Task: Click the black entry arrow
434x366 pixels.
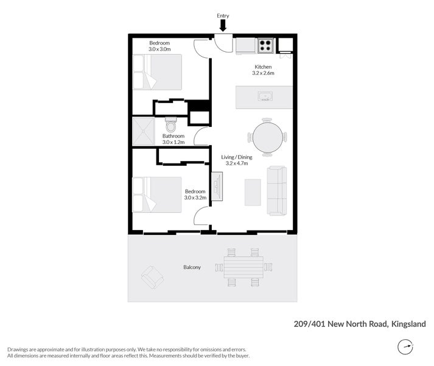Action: point(223,25)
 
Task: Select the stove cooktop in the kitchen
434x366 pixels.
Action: point(265,45)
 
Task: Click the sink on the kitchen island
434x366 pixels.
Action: point(264,96)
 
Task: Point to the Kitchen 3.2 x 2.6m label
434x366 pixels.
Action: point(263,70)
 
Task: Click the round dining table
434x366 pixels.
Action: point(267,137)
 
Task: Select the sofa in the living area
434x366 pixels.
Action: point(277,190)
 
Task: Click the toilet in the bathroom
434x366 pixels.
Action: point(171,125)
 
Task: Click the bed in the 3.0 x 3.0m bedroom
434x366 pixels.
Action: point(158,72)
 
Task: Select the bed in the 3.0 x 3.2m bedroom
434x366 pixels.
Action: point(158,195)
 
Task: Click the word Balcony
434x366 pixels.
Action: point(192,267)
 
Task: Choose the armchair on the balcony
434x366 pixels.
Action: point(152,278)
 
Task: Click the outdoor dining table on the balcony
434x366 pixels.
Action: point(243,267)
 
